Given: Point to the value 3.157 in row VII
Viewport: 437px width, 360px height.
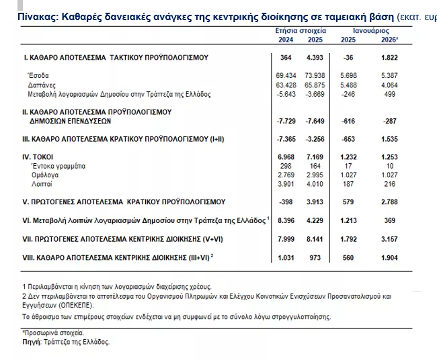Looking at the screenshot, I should (389, 239).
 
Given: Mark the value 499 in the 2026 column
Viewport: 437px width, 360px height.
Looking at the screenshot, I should (391, 95).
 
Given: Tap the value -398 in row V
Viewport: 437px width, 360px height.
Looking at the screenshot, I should (286, 202).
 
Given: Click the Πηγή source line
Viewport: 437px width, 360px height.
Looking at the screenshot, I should (66, 342).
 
